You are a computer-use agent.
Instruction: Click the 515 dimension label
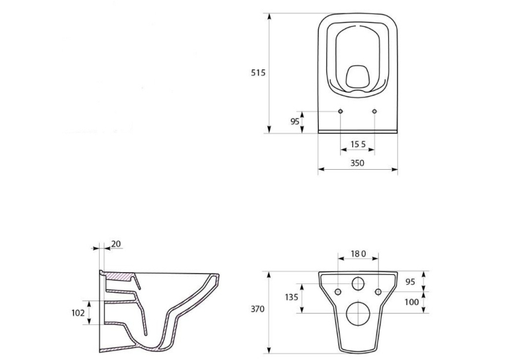point(258,73)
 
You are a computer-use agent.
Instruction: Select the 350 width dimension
point(358,163)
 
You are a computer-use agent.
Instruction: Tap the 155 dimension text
point(358,144)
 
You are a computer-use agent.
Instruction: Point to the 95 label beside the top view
point(295,122)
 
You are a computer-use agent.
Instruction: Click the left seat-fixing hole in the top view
point(341,111)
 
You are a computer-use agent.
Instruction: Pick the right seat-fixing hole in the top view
point(374,111)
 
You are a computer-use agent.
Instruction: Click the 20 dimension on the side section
point(116,244)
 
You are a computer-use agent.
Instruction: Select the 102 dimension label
point(78,312)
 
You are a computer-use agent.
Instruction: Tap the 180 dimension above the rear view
point(358,254)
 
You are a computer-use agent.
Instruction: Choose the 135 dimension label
point(292,297)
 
